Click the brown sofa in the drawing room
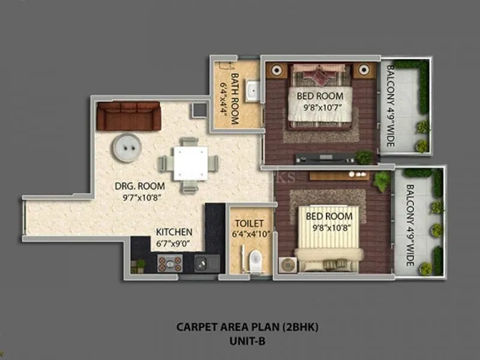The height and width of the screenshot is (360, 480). pos(129,116)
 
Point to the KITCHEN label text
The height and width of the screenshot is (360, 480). pos(174,232)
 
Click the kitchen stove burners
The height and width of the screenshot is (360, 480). pos(170,262)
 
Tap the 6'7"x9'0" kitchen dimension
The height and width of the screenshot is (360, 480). pos(174,244)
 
